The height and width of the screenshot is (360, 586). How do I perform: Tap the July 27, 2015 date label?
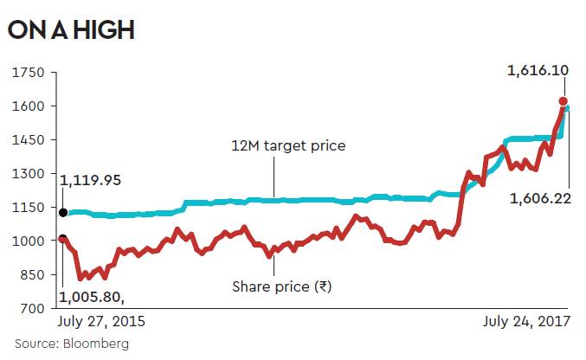101,321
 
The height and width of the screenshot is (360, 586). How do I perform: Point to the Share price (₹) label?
282,286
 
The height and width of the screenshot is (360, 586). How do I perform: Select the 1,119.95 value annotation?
90,181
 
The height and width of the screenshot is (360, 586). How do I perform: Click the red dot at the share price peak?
563,101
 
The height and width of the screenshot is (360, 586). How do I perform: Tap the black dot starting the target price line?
63,211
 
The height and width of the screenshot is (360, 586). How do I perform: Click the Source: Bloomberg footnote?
72,344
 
